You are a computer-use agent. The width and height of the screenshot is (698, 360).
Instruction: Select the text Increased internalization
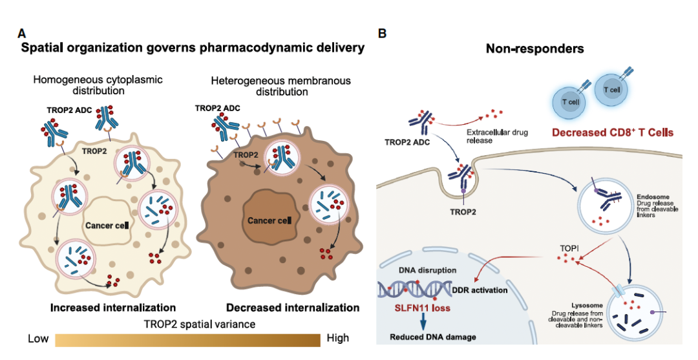tap(113, 307)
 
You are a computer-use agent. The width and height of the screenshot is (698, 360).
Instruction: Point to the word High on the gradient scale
tap(337, 338)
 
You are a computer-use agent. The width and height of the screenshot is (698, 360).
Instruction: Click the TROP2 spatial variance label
tap(187, 323)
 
